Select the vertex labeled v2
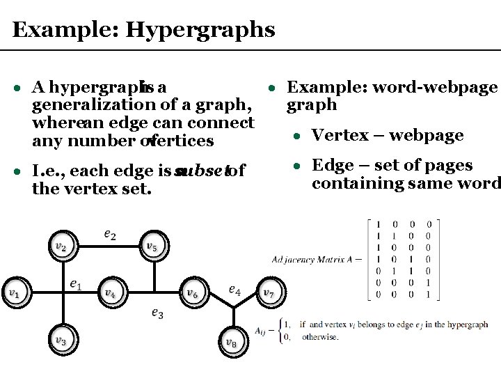pos(61,246)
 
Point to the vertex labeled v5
pos(151,246)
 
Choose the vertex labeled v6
pos(192,292)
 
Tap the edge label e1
pos(76,284)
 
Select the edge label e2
pos(110,235)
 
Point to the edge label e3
pos(157,313)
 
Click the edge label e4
pos(234,290)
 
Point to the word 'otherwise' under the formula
pos(320,338)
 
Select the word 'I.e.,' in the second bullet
pos(48,171)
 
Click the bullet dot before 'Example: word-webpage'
pos(274,88)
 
